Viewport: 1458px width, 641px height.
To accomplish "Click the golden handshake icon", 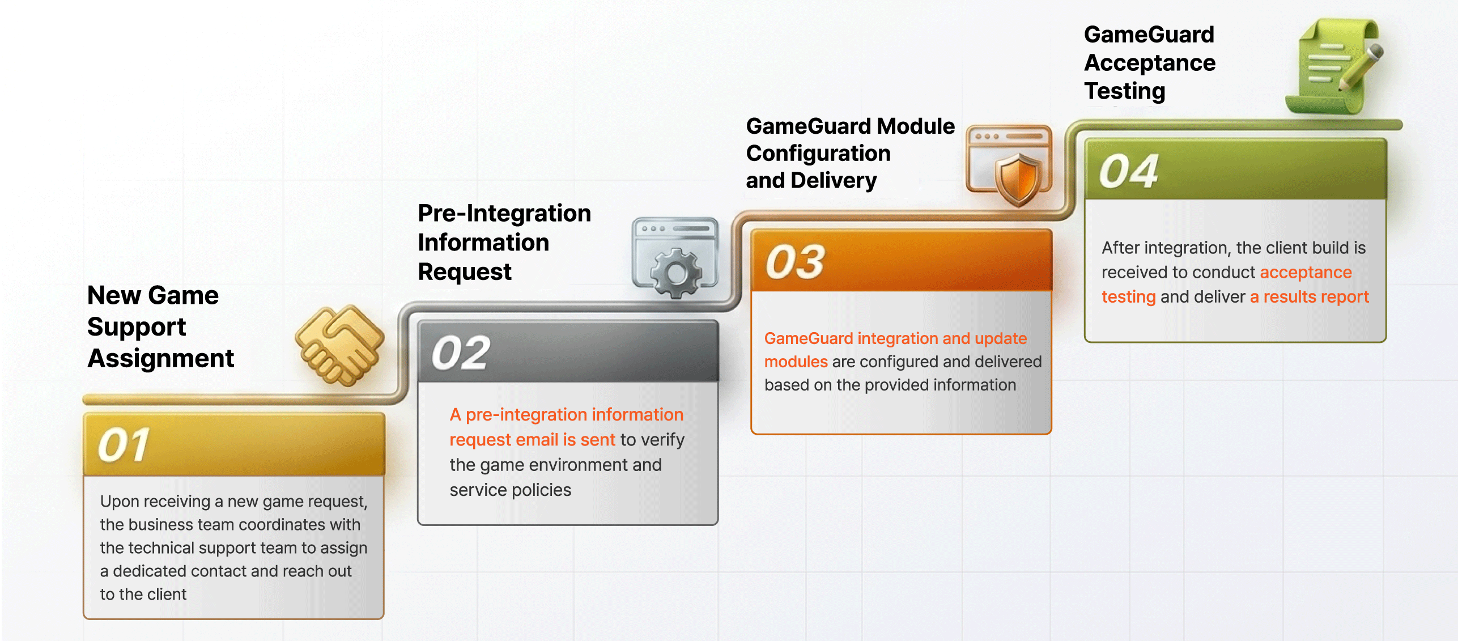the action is (x=339, y=345).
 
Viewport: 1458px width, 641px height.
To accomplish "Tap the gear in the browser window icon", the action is (x=676, y=273).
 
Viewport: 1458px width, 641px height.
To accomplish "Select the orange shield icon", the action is (x=1018, y=180).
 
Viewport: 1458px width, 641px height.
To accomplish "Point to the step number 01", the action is (x=123, y=445).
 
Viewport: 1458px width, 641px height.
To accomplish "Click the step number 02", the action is (x=461, y=353).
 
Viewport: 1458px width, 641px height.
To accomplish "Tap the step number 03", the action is (x=795, y=262).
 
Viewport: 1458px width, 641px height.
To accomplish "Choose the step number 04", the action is (x=1129, y=171).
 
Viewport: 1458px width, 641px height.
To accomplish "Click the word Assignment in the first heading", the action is (x=161, y=358).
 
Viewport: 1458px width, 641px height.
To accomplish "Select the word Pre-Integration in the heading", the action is (x=504, y=213).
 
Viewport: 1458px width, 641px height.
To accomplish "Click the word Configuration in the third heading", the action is (x=818, y=153).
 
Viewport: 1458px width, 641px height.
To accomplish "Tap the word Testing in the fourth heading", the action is (x=1125, y=91).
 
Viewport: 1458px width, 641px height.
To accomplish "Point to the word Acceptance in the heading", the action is (x=1150, y=62).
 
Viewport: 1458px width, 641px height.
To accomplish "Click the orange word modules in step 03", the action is (x=796, y=362).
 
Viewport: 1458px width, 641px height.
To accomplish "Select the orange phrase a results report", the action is (x=1310, y=296).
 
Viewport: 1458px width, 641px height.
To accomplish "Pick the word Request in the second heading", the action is (x=465, y=272).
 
